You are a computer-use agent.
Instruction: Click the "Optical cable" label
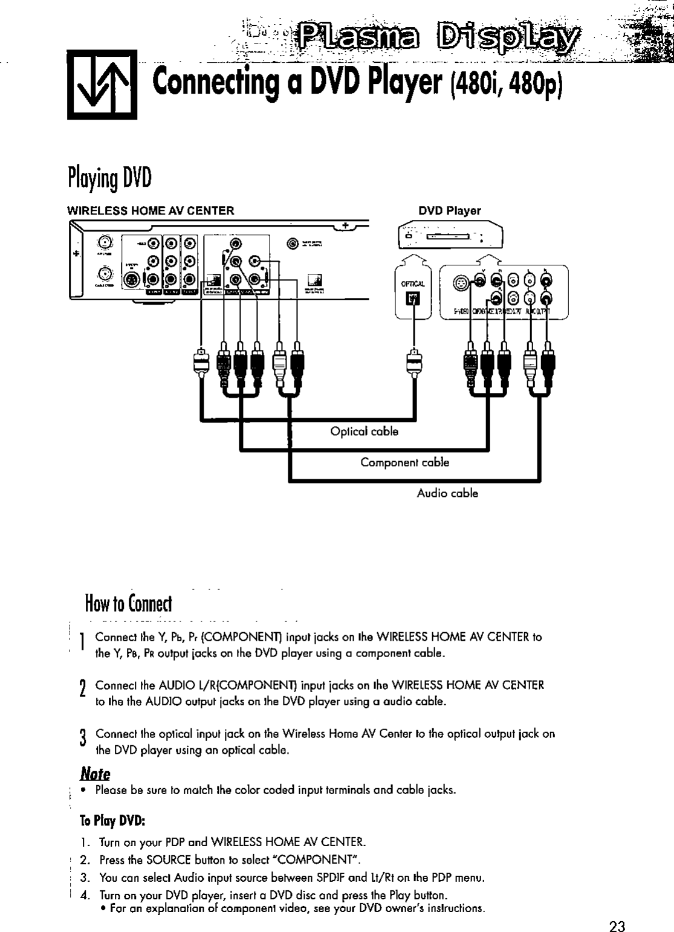[x=365, y=432]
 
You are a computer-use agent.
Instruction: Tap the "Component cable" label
[x=404, y=462]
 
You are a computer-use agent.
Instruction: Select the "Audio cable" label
[x=447, y=493]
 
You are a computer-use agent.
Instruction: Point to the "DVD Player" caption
[x=450, y=211]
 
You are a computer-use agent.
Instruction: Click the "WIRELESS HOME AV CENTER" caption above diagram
[x=150, y=211]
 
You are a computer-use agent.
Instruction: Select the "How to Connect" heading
[x=129, y=603]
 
